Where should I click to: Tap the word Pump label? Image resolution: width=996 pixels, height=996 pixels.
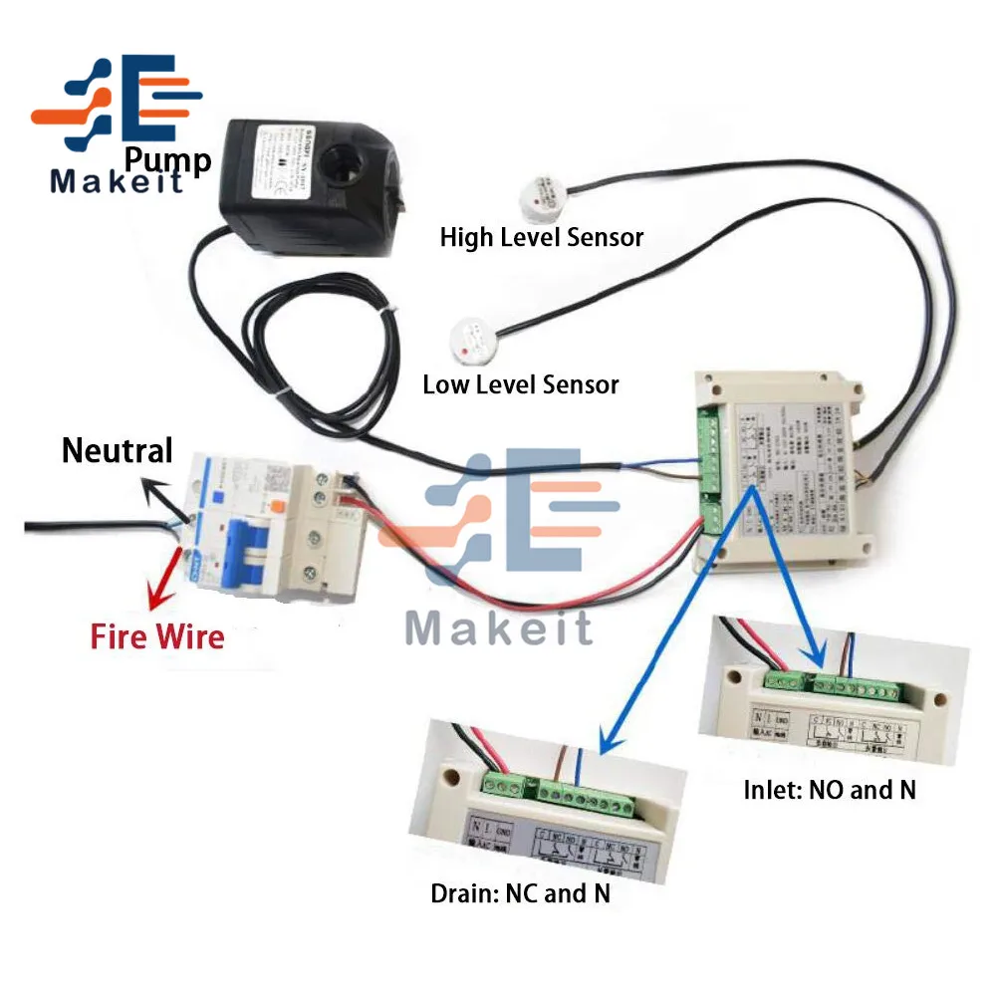tap(168, 159)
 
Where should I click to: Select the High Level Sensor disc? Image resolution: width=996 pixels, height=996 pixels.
tap(542, 193)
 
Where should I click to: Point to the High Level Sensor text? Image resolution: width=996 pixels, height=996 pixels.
tap(542, 237)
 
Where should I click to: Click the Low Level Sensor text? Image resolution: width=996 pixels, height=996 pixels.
tap(521, 384)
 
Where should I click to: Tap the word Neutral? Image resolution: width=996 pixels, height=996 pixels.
tap(118, 450)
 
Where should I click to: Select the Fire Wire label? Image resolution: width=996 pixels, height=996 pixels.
tap(157, 636)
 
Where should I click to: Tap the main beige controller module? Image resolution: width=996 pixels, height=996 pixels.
tap(787, 468)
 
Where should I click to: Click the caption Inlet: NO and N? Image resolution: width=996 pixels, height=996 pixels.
tap(830, 790)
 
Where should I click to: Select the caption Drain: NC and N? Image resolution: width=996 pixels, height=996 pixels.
tap(520, 893)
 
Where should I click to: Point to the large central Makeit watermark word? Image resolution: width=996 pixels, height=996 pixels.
tap(499, 627)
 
